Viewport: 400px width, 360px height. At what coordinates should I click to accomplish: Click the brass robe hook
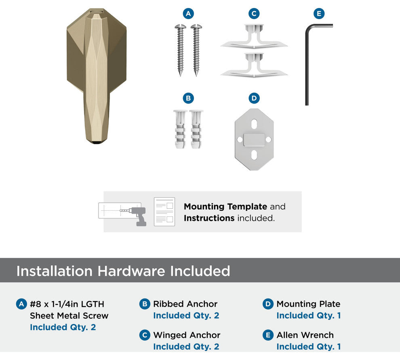[97, 76]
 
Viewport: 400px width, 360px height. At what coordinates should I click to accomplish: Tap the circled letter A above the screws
[188, 13]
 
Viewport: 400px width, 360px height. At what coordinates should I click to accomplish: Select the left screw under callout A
[180, 50]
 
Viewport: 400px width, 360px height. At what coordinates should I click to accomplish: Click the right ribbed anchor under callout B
[196, 129]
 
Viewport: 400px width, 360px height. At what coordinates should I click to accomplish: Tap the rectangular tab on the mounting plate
[254, 140]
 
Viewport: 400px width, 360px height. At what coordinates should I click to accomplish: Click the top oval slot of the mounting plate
[254, 124]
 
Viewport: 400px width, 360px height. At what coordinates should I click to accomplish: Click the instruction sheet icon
[164, 212]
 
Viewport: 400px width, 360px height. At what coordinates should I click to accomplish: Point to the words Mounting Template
[225, 206]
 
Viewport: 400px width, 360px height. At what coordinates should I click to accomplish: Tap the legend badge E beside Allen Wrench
[268, 335]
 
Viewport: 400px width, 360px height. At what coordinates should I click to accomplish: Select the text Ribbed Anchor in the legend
[185, 304]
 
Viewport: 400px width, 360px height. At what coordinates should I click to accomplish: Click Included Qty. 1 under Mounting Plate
[309, 316]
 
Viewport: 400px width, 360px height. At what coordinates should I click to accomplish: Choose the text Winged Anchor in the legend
[187, 335]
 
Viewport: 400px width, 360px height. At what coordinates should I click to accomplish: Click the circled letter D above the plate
[254, 98]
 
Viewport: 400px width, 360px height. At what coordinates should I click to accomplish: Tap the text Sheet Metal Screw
[69, 316]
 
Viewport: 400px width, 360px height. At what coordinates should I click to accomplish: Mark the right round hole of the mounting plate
[268, 140]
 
